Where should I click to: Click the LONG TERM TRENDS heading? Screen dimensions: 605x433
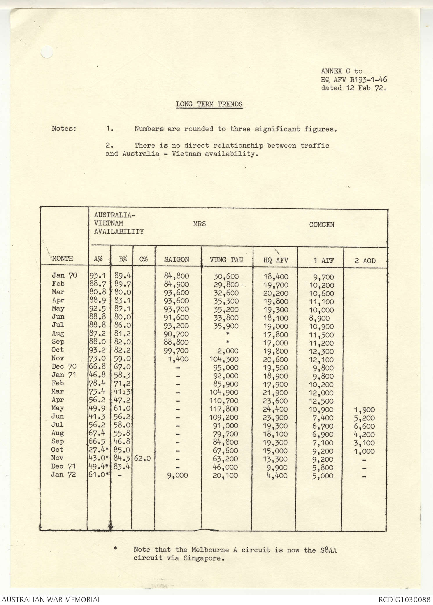(x=209, y=104)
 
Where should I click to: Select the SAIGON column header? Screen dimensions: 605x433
(x=177, y=259)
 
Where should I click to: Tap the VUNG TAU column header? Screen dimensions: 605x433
(x=226, y=260)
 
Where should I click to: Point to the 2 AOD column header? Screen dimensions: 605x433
(x=365, y=261)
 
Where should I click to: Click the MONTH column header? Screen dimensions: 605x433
(x=63, y=258)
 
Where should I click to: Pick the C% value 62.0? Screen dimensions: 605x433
(x=143, y=459)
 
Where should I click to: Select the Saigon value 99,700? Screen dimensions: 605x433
(x=176, y=351)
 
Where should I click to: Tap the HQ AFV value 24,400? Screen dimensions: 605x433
(x=276, y=409)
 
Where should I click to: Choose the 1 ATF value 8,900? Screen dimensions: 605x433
(x=319, y=318)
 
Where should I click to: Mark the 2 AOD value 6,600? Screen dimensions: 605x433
(x=364, y=426)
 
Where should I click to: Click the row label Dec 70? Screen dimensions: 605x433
(x=64, y=366)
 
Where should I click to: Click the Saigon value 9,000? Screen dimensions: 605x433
(x=177, y=475)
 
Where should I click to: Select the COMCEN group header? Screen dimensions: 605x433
(x=321, y=225)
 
